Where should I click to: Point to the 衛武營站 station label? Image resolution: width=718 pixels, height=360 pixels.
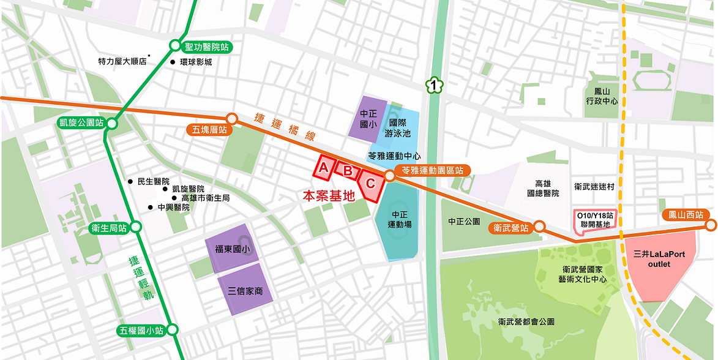point(511,228)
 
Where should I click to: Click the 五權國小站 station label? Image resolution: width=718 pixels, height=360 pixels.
point(141,331)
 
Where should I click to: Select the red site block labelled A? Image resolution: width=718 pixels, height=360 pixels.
point(324,167)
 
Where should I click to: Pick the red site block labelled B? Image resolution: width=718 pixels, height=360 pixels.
point(348,171)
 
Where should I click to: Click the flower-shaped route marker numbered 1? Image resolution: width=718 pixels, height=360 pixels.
point(435,86)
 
